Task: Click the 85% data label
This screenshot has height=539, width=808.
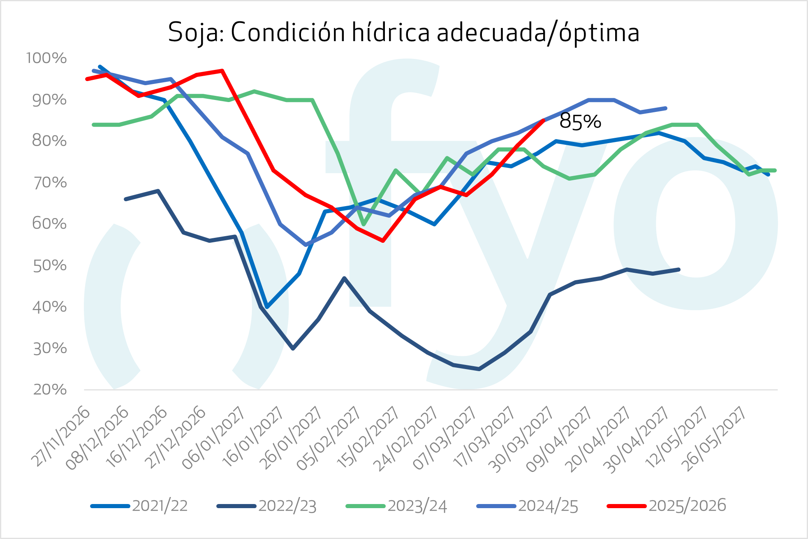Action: point(580,121)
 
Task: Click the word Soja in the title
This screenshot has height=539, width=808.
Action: point(193,32)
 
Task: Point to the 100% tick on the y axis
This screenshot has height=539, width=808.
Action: point(46,58)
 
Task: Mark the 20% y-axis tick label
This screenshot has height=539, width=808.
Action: point(49,389)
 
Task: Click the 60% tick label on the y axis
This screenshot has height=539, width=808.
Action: point(49,224)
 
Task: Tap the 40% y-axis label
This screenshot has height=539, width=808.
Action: point(49,307)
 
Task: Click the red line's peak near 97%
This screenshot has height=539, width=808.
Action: point(222,71)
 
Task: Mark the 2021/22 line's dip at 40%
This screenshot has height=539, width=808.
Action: point(267,307)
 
